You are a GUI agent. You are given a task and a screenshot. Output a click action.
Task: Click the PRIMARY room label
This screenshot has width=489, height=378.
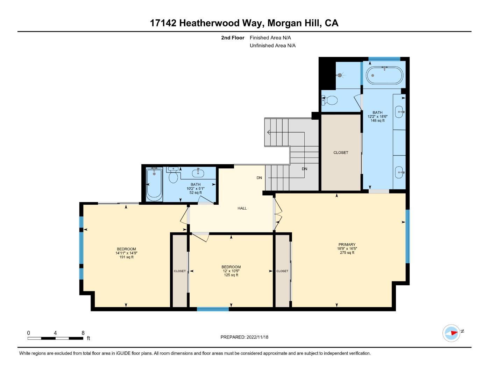click(347, 245)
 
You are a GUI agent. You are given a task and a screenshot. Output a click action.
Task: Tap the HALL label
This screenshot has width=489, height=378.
click(242, 208)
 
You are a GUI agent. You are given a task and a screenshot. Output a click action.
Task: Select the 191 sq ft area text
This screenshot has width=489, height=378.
click(126, 257)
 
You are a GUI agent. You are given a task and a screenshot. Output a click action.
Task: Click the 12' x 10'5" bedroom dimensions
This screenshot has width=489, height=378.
click(231, 271)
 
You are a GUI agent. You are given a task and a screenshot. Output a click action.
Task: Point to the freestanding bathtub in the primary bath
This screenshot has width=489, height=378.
click(384, 75)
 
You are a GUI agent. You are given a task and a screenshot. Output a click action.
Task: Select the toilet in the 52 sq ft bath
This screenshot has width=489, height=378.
click(173, 176)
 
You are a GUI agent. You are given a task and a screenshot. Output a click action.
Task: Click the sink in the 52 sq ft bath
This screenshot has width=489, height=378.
click(198, 173)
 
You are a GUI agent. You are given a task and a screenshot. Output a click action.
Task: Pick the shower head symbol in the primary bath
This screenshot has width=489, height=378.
click(339, 75)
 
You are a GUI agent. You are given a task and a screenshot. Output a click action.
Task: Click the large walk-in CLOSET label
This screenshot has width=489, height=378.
click(341, 153)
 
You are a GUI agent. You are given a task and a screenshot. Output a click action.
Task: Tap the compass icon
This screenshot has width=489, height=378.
click(451, 333)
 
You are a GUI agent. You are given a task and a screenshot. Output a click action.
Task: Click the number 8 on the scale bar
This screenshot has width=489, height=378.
click(83, 333)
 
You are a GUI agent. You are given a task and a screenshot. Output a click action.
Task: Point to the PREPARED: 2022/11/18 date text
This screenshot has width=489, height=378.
click(244, 337)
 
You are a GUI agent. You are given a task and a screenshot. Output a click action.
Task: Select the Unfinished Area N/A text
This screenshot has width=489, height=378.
click(272, 45)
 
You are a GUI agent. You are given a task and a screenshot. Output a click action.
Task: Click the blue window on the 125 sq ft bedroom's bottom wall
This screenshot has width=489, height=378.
click(213, 309)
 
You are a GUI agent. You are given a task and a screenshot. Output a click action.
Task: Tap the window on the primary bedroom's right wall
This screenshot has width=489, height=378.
click(407, 236)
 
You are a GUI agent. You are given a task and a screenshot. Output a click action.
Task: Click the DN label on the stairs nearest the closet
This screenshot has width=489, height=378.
click(305, 169)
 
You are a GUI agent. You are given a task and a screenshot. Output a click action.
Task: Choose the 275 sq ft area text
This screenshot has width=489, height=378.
click(347, 253)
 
